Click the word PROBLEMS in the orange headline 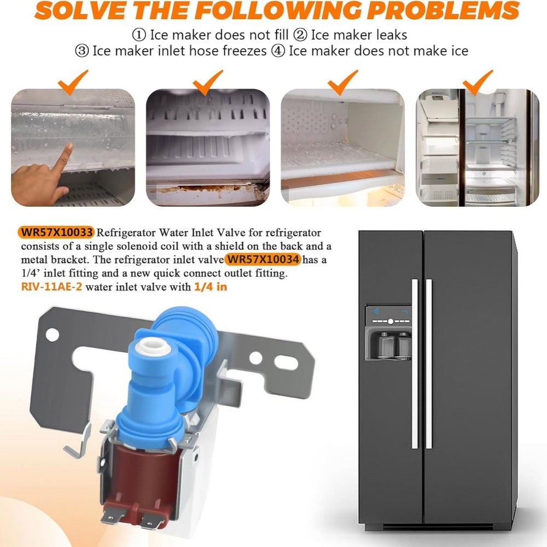443,10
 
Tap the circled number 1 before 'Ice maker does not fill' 139,35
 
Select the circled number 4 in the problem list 278,51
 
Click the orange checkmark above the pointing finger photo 73,82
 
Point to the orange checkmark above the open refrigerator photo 477,82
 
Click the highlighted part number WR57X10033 57,232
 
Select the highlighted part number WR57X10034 263,259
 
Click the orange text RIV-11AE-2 51,287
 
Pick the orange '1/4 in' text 211,287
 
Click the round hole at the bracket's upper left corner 53,335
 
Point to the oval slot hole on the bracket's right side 286,363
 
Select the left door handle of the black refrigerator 415,364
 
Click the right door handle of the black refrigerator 429,364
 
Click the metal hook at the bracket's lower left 78,443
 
